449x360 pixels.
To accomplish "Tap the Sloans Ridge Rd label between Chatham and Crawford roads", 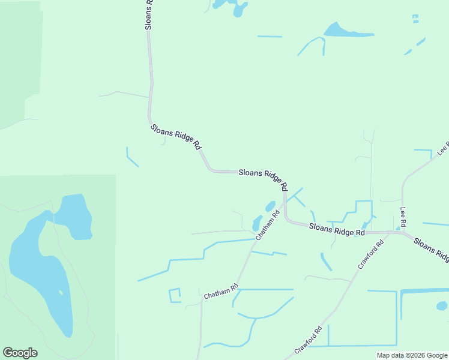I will click(x=337, y=229).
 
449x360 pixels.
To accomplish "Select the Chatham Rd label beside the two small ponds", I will click(x=267, y=225).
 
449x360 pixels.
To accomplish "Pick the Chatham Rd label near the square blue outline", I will click(x=221, y=292).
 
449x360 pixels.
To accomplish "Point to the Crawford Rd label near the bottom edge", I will click(x=309, y=340).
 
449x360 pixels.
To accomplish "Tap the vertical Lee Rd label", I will click(x=403, y=217).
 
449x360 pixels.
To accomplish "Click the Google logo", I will click(x=20, y=353).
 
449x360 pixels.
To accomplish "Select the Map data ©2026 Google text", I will click(x=412, y=355).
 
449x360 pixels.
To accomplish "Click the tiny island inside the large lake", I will click(x=60, y=293).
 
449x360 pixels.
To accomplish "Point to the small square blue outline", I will click(x=175, y=295).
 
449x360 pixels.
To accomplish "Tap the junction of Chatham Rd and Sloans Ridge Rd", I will click(x=285, y=202).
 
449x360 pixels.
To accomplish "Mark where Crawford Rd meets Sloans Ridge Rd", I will click(x=390, y=232).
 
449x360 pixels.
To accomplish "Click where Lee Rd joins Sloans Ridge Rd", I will click(x=403, y=232).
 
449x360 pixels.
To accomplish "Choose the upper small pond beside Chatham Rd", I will click(x=270, y=206).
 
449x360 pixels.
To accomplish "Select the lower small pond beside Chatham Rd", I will click(x=257, y=223).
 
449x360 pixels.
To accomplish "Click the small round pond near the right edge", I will click(x=442, y=306).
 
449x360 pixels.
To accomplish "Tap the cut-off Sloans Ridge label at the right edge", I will click(x=432, y=250).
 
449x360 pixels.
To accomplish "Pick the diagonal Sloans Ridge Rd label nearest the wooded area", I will click(x=176, y=137).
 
